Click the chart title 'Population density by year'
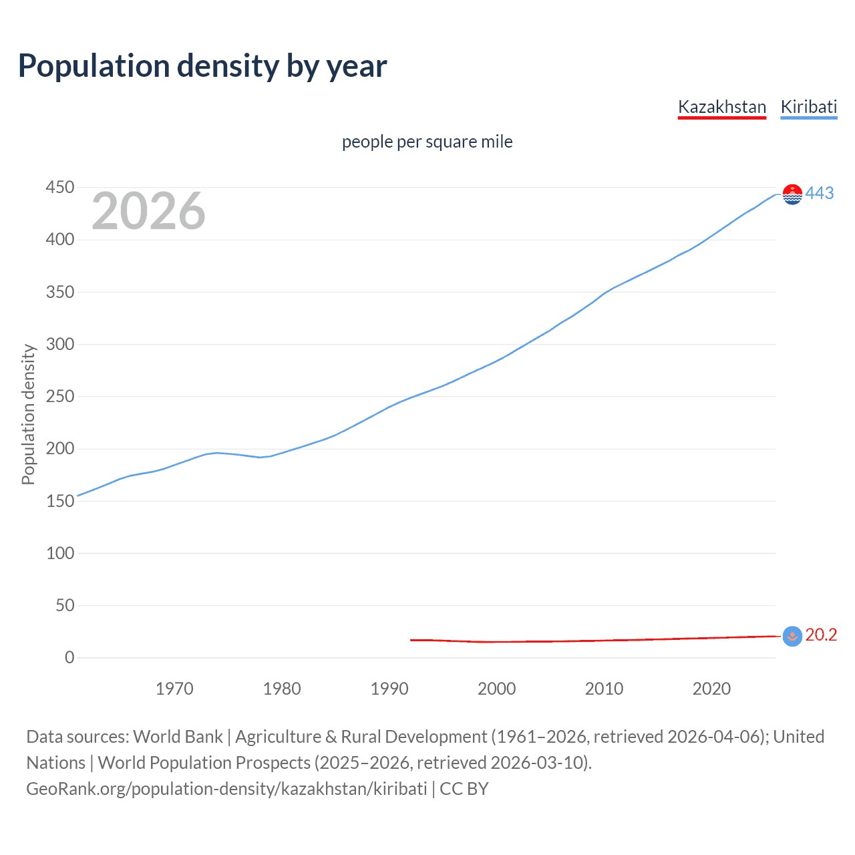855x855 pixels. pyautogui.click(x=202, y=66)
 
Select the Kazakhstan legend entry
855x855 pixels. pyautogui.click(x=721, y=107)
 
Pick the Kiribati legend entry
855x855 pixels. pyautogui.click(x=808, y=107)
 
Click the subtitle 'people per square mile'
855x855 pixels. pyautogui.click(x=427, y=142)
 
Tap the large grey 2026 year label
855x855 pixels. pyautogui.click(x=148, y=211)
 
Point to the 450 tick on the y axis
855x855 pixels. pyautogui.click(x=59, y=187)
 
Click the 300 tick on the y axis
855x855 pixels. pyautogui.click(x=59, y=344)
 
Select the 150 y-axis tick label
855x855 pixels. pyautogui.click(x=59, y=501)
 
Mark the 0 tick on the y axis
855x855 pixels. pyautogui.click(x=69, y=657)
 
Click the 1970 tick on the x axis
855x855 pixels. pyautogui.click(x=174, y=689)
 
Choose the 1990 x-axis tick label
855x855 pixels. pyautogui.click(x=389, y=689)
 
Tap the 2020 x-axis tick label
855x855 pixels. pyautogui.click(x=711, y=689)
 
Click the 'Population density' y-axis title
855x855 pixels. pyautogui.click(x=28, y=414)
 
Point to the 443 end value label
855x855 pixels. pyautogui.click(x=820, y=193)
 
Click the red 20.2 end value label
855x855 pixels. pyautogui.click(x=821, y=635)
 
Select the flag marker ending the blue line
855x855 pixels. pyautogui.click(x=792, y=194)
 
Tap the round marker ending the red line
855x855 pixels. pyautogui.click(x=792, y=636)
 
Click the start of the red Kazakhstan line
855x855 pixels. pyautogui.click(x=411, y=640)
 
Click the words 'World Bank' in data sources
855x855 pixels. pyautogui.click(x=178, y=737)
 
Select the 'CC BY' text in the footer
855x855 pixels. pyautogui.click(x=464, y=789)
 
